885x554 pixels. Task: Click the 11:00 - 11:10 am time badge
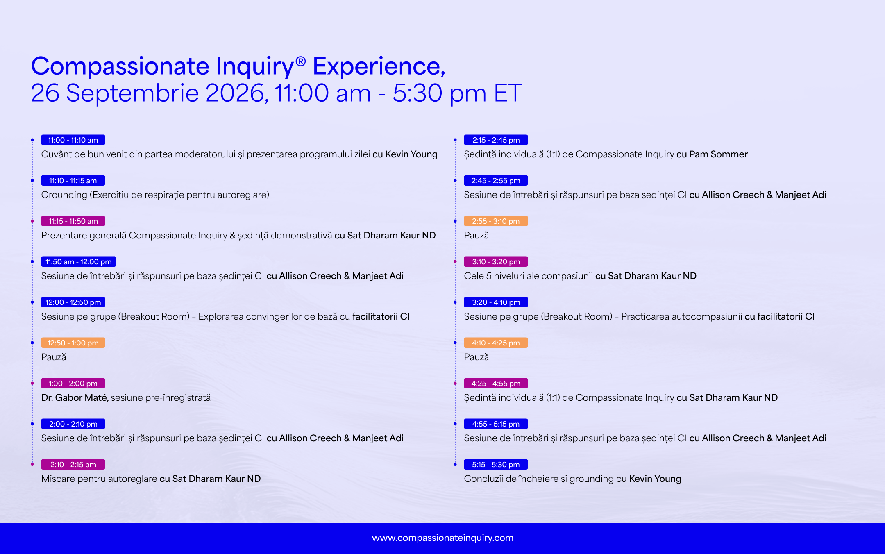point(73,140)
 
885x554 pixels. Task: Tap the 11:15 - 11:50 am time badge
point(73,221)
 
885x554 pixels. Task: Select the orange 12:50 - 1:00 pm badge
point(73,343)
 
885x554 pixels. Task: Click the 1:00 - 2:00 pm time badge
point(73,383)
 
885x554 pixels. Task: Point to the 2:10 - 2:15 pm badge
point(73,464)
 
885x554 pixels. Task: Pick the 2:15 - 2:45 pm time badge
point(496,140)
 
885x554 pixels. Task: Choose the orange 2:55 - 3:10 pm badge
point(496,221)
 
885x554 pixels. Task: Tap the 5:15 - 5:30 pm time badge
point(496,464)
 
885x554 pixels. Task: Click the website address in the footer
point(442,538)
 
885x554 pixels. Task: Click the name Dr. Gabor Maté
point(75,397)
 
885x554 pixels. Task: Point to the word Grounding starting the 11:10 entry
point(64,195)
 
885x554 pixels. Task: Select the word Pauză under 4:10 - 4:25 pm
point(476,357)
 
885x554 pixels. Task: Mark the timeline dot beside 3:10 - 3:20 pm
point(455,261)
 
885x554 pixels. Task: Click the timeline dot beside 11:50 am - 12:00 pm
point(32,261)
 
